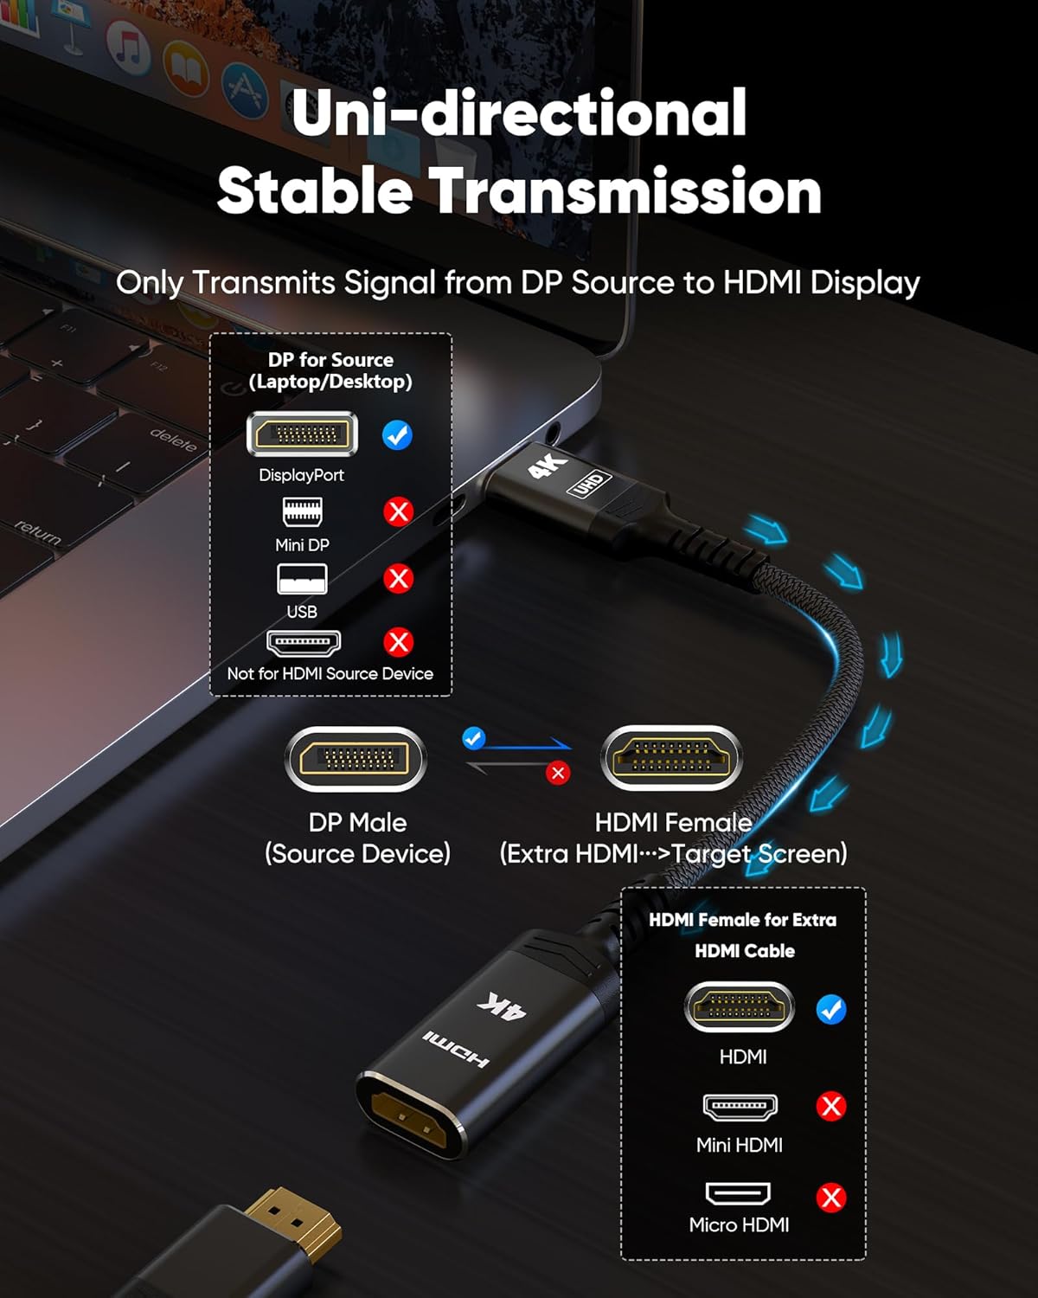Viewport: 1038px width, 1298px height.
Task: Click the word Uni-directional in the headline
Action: pos(519,112)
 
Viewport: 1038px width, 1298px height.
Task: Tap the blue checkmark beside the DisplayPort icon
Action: pos(397,435)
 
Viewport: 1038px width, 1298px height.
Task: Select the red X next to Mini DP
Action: pos(398,511)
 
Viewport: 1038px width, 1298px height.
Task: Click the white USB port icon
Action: pos(302,579)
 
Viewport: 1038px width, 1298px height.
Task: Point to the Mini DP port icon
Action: pos(302,511)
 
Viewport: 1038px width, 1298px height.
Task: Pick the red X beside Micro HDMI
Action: pos(831,1198)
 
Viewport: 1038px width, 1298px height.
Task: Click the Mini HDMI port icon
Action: pos(740,1107)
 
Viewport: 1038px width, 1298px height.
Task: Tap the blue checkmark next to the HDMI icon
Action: pos(831,1009)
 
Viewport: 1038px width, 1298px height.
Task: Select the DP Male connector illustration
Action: pos(356,759)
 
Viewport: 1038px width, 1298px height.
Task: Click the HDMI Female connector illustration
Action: pos(672,758)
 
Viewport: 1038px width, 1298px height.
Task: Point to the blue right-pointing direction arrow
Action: pos(526,746)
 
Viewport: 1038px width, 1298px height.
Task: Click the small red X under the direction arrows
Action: pos(558,774)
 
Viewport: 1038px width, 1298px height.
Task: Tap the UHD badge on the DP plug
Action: pos(589,484)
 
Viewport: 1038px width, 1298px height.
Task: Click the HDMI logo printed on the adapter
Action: pos(456,1049)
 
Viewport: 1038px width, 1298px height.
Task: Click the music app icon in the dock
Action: pos(128,50)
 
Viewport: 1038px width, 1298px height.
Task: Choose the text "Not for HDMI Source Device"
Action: pos(330,673)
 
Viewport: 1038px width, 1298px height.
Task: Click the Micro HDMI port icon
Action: pos(738,1192)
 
